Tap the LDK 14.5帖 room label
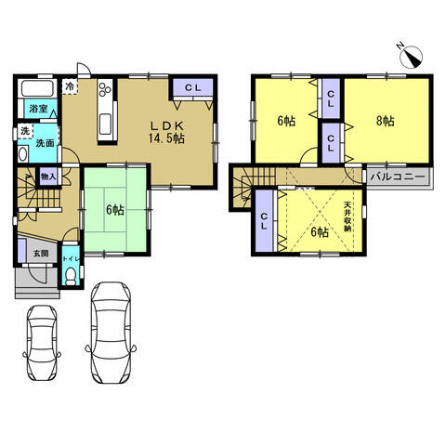click(x=167, y=132)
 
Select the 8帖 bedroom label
click(x=386, y=121)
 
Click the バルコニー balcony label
click(x=398, y=177)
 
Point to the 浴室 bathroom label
click(x=38, y=109)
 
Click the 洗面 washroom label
click(x=46, y=143)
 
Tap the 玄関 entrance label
click(x=41, y=254)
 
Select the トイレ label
click(x=72, y=258)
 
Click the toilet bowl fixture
click(x=72, y=276)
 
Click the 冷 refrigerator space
click(x=71, y=86)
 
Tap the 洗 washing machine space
click(x=25, y=131)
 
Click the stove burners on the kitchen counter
click(x=105, y=87)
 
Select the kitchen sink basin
click(x=105, y=124)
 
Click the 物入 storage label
click(x=48, y=177)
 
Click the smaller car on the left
click(x=42, y=344)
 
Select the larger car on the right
click(x=111, y=333)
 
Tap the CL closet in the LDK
click(x=193, y=87)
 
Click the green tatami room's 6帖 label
click(x=115, y=211)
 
